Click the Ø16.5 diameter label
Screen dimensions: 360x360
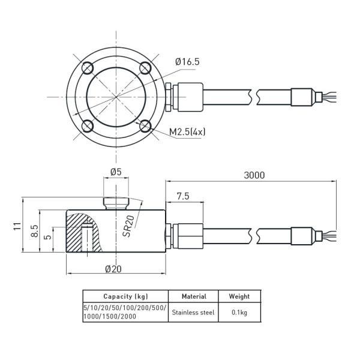pyautogui.click(x=187, y=62)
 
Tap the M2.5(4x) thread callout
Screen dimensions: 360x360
pyautogui.click(x=187, y=131)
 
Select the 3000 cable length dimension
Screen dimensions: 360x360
pyautogui.click(x=254, y=175)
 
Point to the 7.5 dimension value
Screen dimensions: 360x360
pyautogui.click(x=183, y=196)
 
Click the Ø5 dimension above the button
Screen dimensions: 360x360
pyautogui.click(x=116, y=172)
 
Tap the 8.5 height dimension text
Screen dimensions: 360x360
pyautogui.click(x=35, y=232)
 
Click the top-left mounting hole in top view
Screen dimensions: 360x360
pyautogui.click(x=88, y=67)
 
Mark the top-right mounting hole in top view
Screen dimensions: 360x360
pyautogui.click(x=144, y=67)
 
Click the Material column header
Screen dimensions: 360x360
pyautogui.click(x=193, y=296)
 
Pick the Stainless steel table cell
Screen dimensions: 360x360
pyautogui.click(x=193, y=312)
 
